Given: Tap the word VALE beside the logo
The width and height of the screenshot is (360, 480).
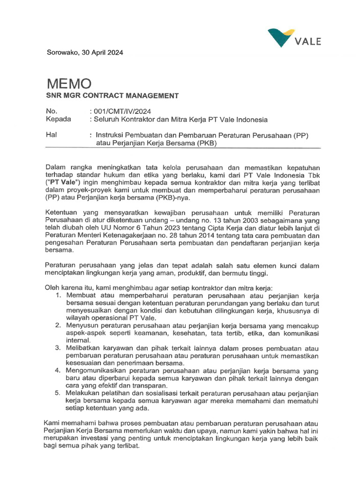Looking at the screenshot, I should click(308, 42).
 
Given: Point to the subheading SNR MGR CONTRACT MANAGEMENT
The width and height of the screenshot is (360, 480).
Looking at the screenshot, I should click(112, 96).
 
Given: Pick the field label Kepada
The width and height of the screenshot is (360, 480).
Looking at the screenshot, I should click(58, 119).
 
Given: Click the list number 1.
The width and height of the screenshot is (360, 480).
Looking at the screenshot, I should click(58, 295).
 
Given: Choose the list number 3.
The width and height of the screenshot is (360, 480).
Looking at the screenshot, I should click(58, 348).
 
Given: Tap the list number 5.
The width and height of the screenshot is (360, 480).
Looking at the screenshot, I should click(58, 392).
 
